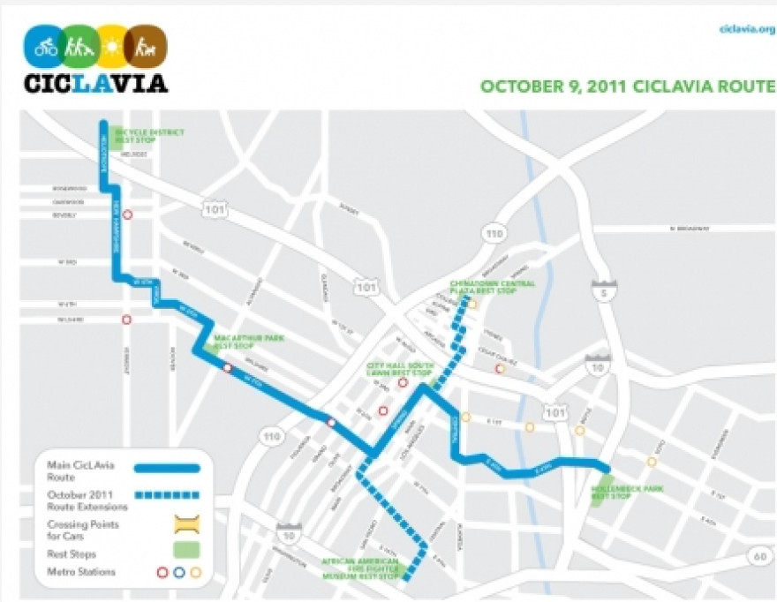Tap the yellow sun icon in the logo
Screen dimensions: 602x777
113,46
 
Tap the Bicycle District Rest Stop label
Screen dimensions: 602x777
155,136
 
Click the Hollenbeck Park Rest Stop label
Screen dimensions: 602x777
615,491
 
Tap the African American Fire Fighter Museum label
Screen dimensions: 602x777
358,571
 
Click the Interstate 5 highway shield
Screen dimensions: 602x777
605,291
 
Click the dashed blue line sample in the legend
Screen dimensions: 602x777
167,495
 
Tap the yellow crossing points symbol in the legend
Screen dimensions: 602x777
187,524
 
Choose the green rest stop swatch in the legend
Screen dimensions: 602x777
187,550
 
